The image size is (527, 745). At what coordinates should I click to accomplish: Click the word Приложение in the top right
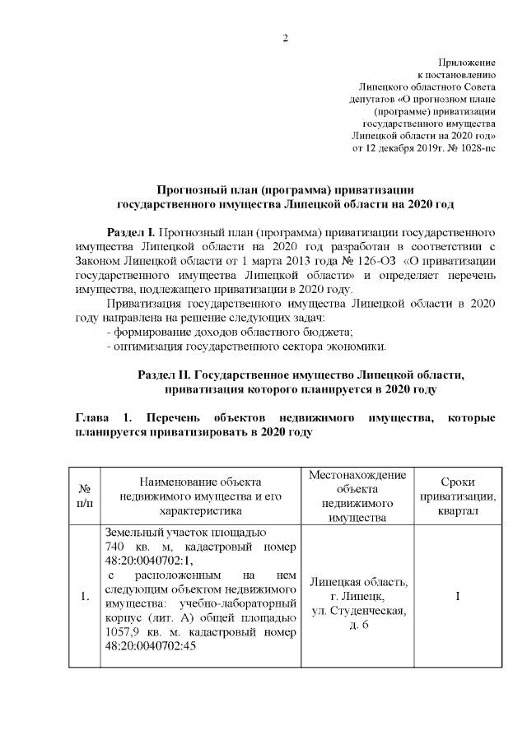(x=467, y=63)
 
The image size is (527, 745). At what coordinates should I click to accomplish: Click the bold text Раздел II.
(x=167, y=375)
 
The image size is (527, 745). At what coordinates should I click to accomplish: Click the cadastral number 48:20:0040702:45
(x=160, y=647)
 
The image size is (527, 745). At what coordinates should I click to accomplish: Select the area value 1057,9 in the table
(x=125, y=631)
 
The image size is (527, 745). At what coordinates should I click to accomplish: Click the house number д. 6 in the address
(x=357, y=626)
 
